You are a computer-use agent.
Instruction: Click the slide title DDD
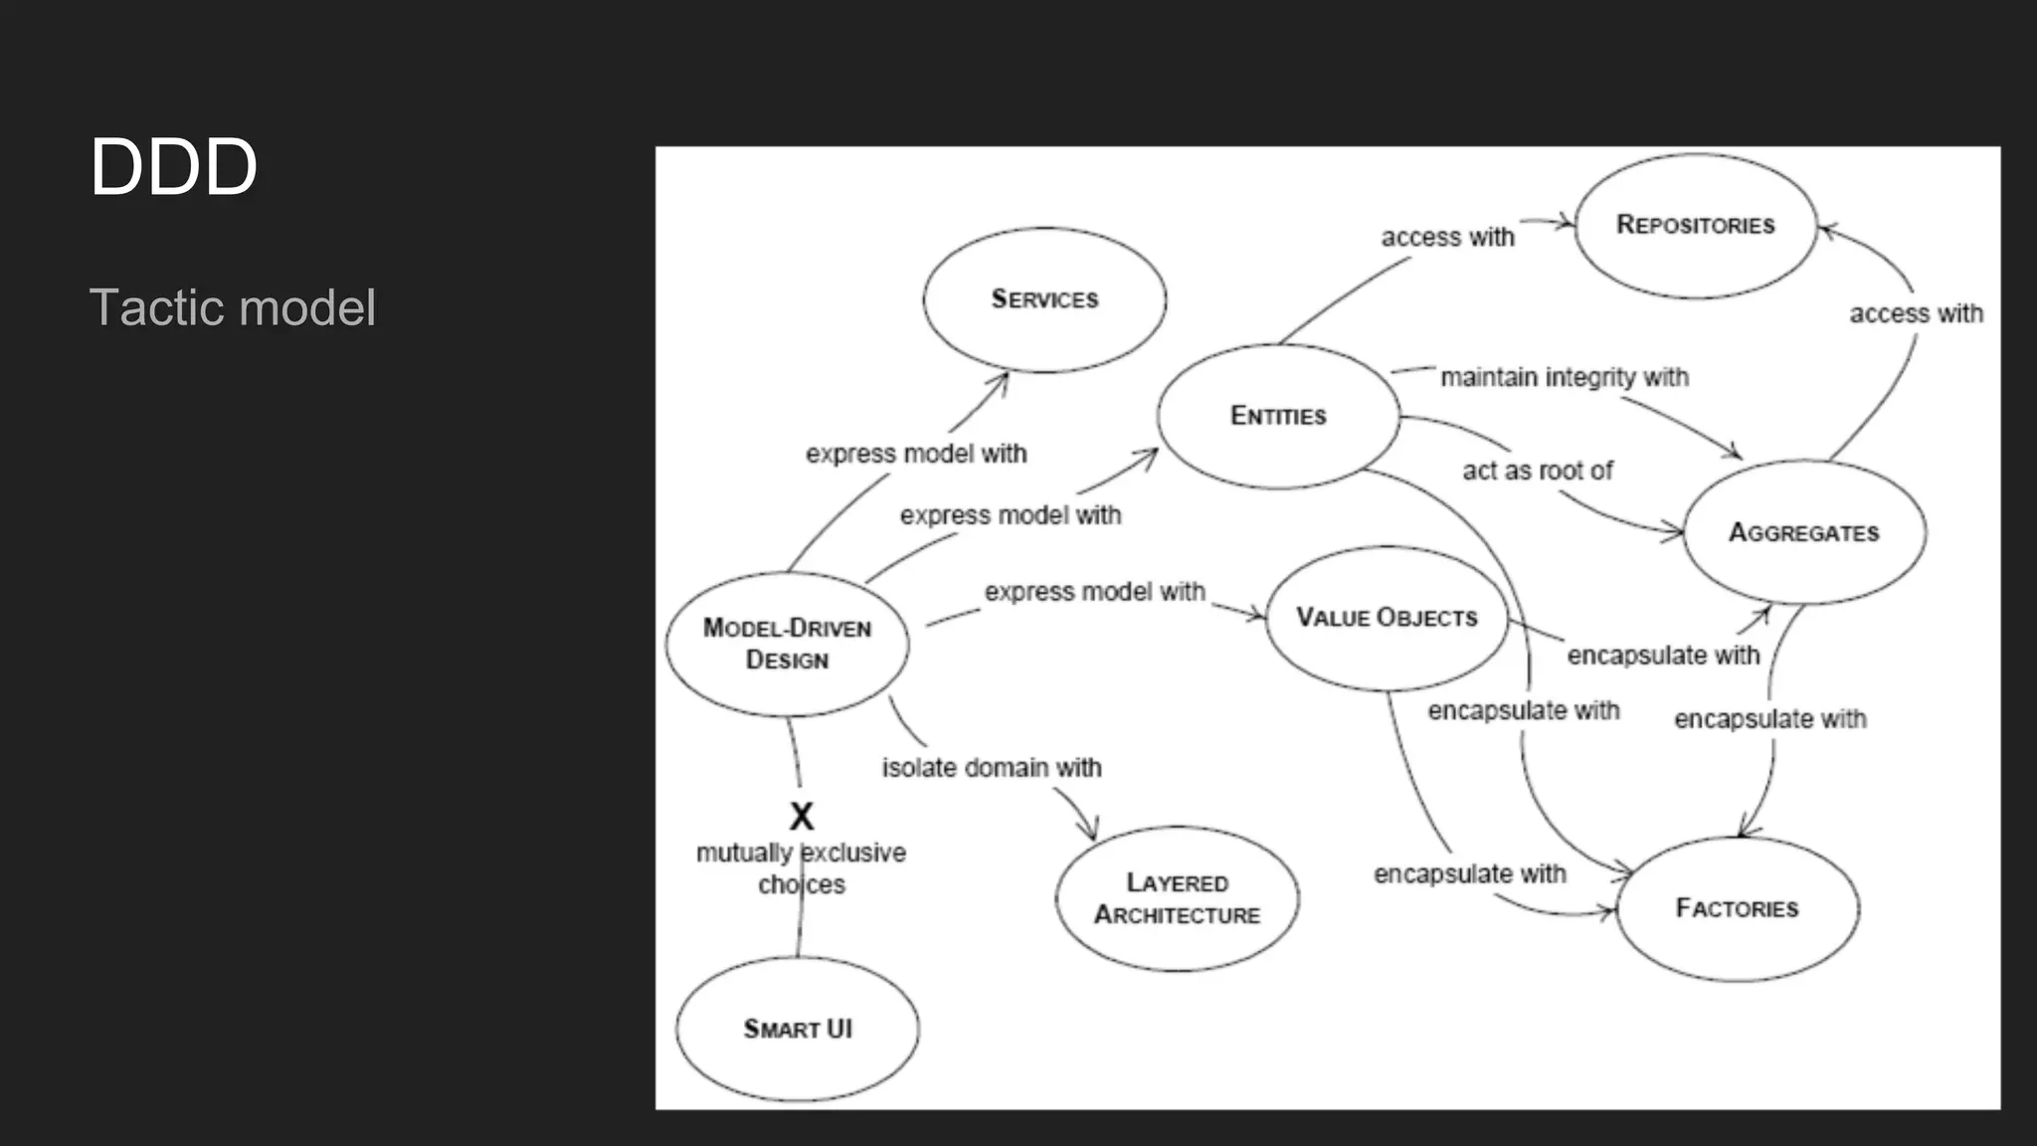coord(174,167)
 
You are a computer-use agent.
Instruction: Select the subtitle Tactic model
coord(233,307)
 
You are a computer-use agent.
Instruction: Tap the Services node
coord(1044,299)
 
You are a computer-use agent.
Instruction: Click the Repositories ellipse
coord(1696,225)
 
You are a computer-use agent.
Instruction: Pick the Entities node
coord(1278,416)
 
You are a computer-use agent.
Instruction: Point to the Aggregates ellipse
coord(1804,532)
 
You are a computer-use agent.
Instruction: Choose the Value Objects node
coord(1387,618)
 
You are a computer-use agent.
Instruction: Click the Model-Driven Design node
coord(787,644)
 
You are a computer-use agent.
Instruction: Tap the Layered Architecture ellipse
coord(1177,898)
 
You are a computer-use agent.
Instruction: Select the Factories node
coord(1737,908)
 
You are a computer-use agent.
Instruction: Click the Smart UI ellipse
coord(798,1029)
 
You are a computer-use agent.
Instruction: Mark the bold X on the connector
coord(801,817)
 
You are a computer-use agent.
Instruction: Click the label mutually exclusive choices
coord(801,868)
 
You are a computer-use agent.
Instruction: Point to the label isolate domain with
coord(992,768)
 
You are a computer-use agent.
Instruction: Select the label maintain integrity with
coord(1565,378)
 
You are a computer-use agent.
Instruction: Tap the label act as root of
coord(1537,471)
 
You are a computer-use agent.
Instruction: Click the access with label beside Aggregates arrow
coord(1916,313)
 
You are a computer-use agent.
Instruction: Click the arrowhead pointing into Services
coord(1003,379)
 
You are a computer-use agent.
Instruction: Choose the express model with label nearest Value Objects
coord(1094,592)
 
